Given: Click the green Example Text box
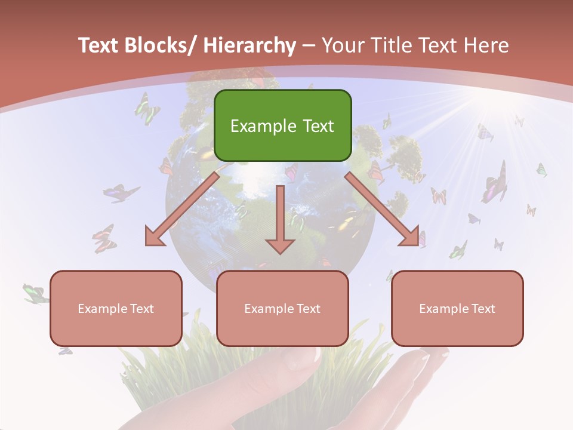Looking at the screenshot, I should coord(282,125).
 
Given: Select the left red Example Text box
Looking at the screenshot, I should coord(116,308).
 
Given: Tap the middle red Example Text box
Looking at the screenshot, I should coord(282,308).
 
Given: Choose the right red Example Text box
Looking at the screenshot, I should coord(457,308).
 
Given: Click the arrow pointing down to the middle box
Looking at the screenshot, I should coord(280,218).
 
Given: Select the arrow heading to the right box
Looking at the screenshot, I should coord(382,209).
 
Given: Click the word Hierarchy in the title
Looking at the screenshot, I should coord(249,45).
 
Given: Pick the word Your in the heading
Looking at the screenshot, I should coord(343,45).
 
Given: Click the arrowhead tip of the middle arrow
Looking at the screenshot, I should coord(280,253).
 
